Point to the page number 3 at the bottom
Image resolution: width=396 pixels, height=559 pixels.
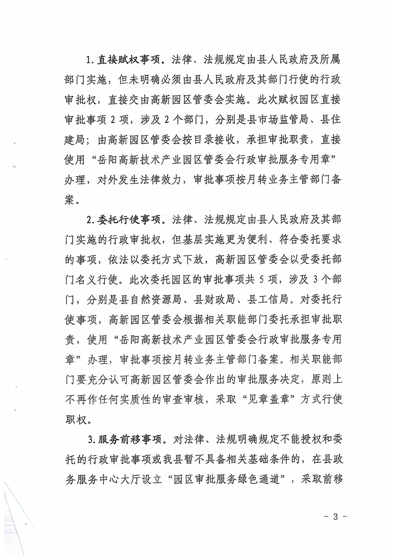coord(335,517)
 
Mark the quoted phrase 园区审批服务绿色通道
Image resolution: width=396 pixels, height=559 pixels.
coord(231,481)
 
